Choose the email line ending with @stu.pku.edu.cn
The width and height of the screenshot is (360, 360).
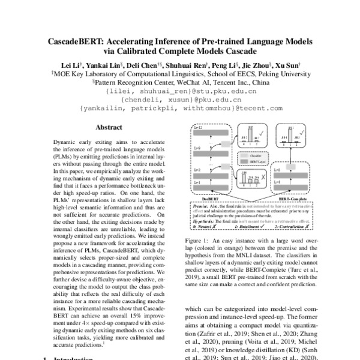pyautogui.click(x=181, y=92)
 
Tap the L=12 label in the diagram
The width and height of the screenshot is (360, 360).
pyautogui.click(x=197, y=128)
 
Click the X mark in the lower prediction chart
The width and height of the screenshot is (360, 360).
pyautogui.click(x=265, y=175)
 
